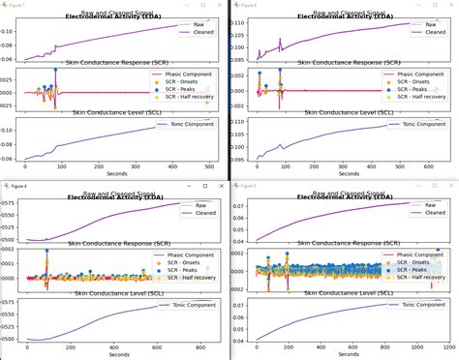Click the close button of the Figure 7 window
220,4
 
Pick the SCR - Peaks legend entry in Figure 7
190,91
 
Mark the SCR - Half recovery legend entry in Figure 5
422,278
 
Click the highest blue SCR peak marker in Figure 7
55,71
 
